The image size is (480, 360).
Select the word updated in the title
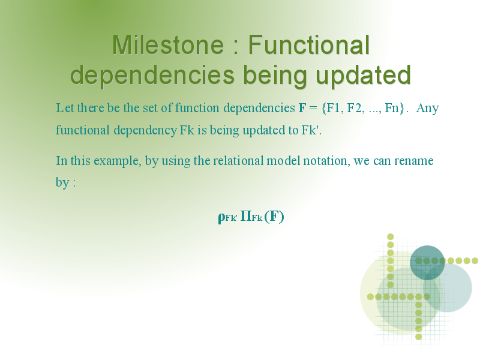pyautogui.click(x=363, y=76)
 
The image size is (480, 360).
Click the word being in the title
pyautogui.click(x=275, y=76)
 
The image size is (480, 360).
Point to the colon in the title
pyautogui.click(x=236, y=48)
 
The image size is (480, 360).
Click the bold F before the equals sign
pyautogui.click(x=302, y=108)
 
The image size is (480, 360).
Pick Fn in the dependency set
pyautogui.click(x=392, y=108)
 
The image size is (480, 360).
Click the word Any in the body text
pyautogui.click(x=428, y=109)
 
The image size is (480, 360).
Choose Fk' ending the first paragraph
pyautogui.click(x=311, y=130)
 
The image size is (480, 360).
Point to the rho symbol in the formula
pyautogui.click(x=221, y=218)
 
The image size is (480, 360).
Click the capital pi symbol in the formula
pyautogui.click(x=246, y=216)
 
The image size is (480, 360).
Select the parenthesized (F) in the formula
pyautogui.click(x=274, y=217)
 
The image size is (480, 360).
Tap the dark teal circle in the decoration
pyautogui.click(x=427, y=263)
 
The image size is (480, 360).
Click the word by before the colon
pyautogui.click(x=62, y=183)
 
